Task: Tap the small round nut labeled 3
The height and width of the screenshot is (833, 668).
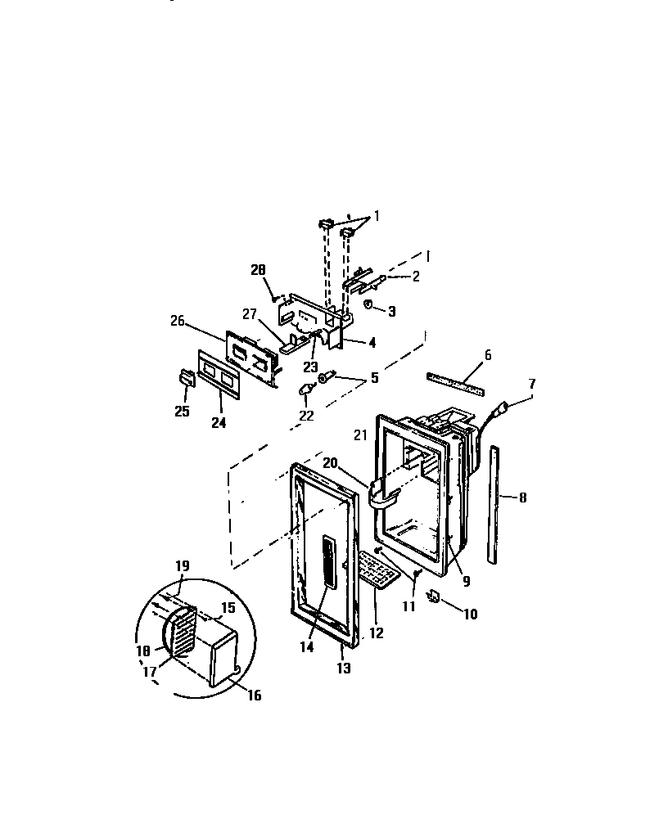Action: (x=368, y=305)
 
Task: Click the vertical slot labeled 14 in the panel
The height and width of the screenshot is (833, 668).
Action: (x=328, y=562)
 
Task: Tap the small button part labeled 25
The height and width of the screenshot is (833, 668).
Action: (x=185, y=377)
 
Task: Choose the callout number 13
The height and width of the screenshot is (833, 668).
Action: (x=343, y=669)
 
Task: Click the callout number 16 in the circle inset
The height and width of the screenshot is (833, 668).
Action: (x=255, y=696)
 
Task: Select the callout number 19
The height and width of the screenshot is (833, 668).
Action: (x=183, y=565)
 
